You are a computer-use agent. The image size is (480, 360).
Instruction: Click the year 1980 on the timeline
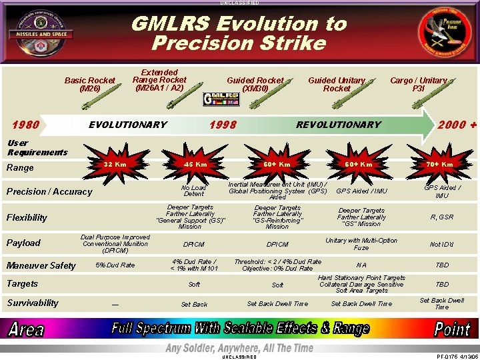click(25, 125)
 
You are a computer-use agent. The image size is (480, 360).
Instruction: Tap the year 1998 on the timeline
click(223, 125)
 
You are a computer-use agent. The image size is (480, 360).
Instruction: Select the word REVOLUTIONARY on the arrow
click(338, 125)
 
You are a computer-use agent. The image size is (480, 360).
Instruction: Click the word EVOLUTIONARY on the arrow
click(128, 125)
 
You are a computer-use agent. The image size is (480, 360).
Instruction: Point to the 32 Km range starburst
click(115, 164)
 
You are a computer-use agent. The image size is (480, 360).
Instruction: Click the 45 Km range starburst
click(195, 164)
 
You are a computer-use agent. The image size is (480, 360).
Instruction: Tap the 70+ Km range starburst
click(440, 164)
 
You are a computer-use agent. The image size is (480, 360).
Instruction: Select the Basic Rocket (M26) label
click(89, 84)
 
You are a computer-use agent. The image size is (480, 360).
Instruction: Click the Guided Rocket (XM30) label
click(255, 84)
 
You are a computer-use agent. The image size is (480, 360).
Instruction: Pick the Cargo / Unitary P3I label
click(418, 84)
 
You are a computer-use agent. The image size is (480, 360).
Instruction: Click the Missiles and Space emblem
click(42, 33)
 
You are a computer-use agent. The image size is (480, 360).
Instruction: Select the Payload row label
click(23, 243)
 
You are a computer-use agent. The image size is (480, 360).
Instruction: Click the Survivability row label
click(33, 303)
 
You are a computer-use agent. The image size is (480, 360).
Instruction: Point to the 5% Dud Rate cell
click(115, 265)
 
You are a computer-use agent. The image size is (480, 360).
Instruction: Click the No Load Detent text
click(194, 191)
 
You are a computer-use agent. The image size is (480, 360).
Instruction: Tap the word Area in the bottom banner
click(26, 329)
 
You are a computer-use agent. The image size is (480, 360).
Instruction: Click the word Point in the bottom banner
click(452, 329)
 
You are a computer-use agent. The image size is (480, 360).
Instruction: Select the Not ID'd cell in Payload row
click(441, 245)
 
